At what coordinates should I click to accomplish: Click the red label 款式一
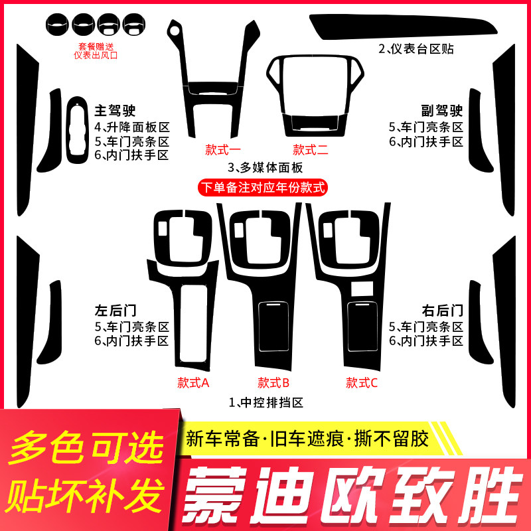coord(222,150)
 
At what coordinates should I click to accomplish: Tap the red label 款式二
coord(311,150)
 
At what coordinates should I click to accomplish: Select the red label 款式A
coord(193,383)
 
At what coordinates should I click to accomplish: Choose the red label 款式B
coord(273,383)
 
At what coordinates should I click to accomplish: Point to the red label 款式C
coord(362,383)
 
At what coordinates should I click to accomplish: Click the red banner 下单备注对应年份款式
coord(263,187)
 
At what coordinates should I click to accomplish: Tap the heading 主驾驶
coord(115,110)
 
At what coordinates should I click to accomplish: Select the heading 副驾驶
coord(442,110)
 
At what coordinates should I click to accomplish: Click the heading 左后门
coord(115,310)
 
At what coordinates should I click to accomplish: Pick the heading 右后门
coord(443,310)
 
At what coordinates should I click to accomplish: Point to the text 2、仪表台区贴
coord(416,48)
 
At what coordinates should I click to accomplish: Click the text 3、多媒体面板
coord(265,167)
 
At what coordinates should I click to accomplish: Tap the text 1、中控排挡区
coord(266,403)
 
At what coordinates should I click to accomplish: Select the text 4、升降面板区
coord(132,127)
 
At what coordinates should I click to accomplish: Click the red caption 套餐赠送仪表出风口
coord(96,51)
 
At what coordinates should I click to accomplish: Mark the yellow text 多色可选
coord(87,447)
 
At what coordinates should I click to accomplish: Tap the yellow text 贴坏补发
coord(85,495)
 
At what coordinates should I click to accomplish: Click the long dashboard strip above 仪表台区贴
coord(403,28)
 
